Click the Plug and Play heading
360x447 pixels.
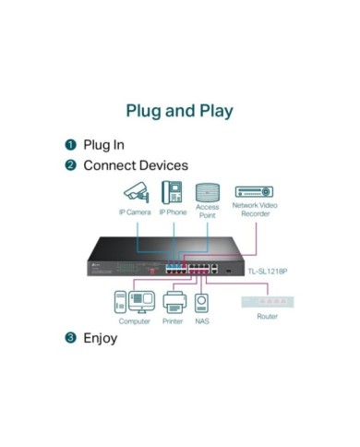[x=180, y=111]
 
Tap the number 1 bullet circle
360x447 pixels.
[x=70, y=145]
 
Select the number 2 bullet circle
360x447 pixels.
[x=70, y=165]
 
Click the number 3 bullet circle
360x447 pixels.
[x=70, y=338]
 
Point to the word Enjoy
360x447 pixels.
[x=101, y=338]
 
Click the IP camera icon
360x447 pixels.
[x=137, y=192]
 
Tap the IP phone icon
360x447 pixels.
[x=172, y=192]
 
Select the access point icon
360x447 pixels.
[x=208, y=192]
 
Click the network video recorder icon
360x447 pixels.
[x=254, y=192]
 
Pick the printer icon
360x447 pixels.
[x=174, y=302]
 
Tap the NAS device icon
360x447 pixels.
[x=201, y=303]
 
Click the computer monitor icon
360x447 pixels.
[x=142, y=302]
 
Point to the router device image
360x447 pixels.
[x=268, y=302]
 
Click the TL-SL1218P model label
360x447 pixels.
[x=268, y=272]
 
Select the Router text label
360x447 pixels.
[x=268, y=316]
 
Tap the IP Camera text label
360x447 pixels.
[x=135, y=212]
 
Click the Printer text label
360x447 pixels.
[x=173, y=321]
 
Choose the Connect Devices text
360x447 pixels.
[x=136, y=165]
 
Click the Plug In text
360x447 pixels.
[x=104, y=145]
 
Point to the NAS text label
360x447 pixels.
[x=202, y=321]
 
